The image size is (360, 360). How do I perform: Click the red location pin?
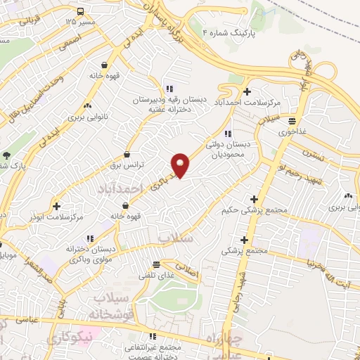click(x=181, y=165)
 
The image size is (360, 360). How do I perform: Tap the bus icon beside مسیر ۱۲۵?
click(x=81, y=11)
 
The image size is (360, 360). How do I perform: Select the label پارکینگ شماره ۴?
click(x=231, y=32)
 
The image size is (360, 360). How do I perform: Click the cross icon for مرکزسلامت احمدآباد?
click(x=246, y=91)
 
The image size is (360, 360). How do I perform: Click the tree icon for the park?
click(x=6, y=155)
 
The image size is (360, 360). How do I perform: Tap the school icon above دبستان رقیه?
click(x=169, y=89)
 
